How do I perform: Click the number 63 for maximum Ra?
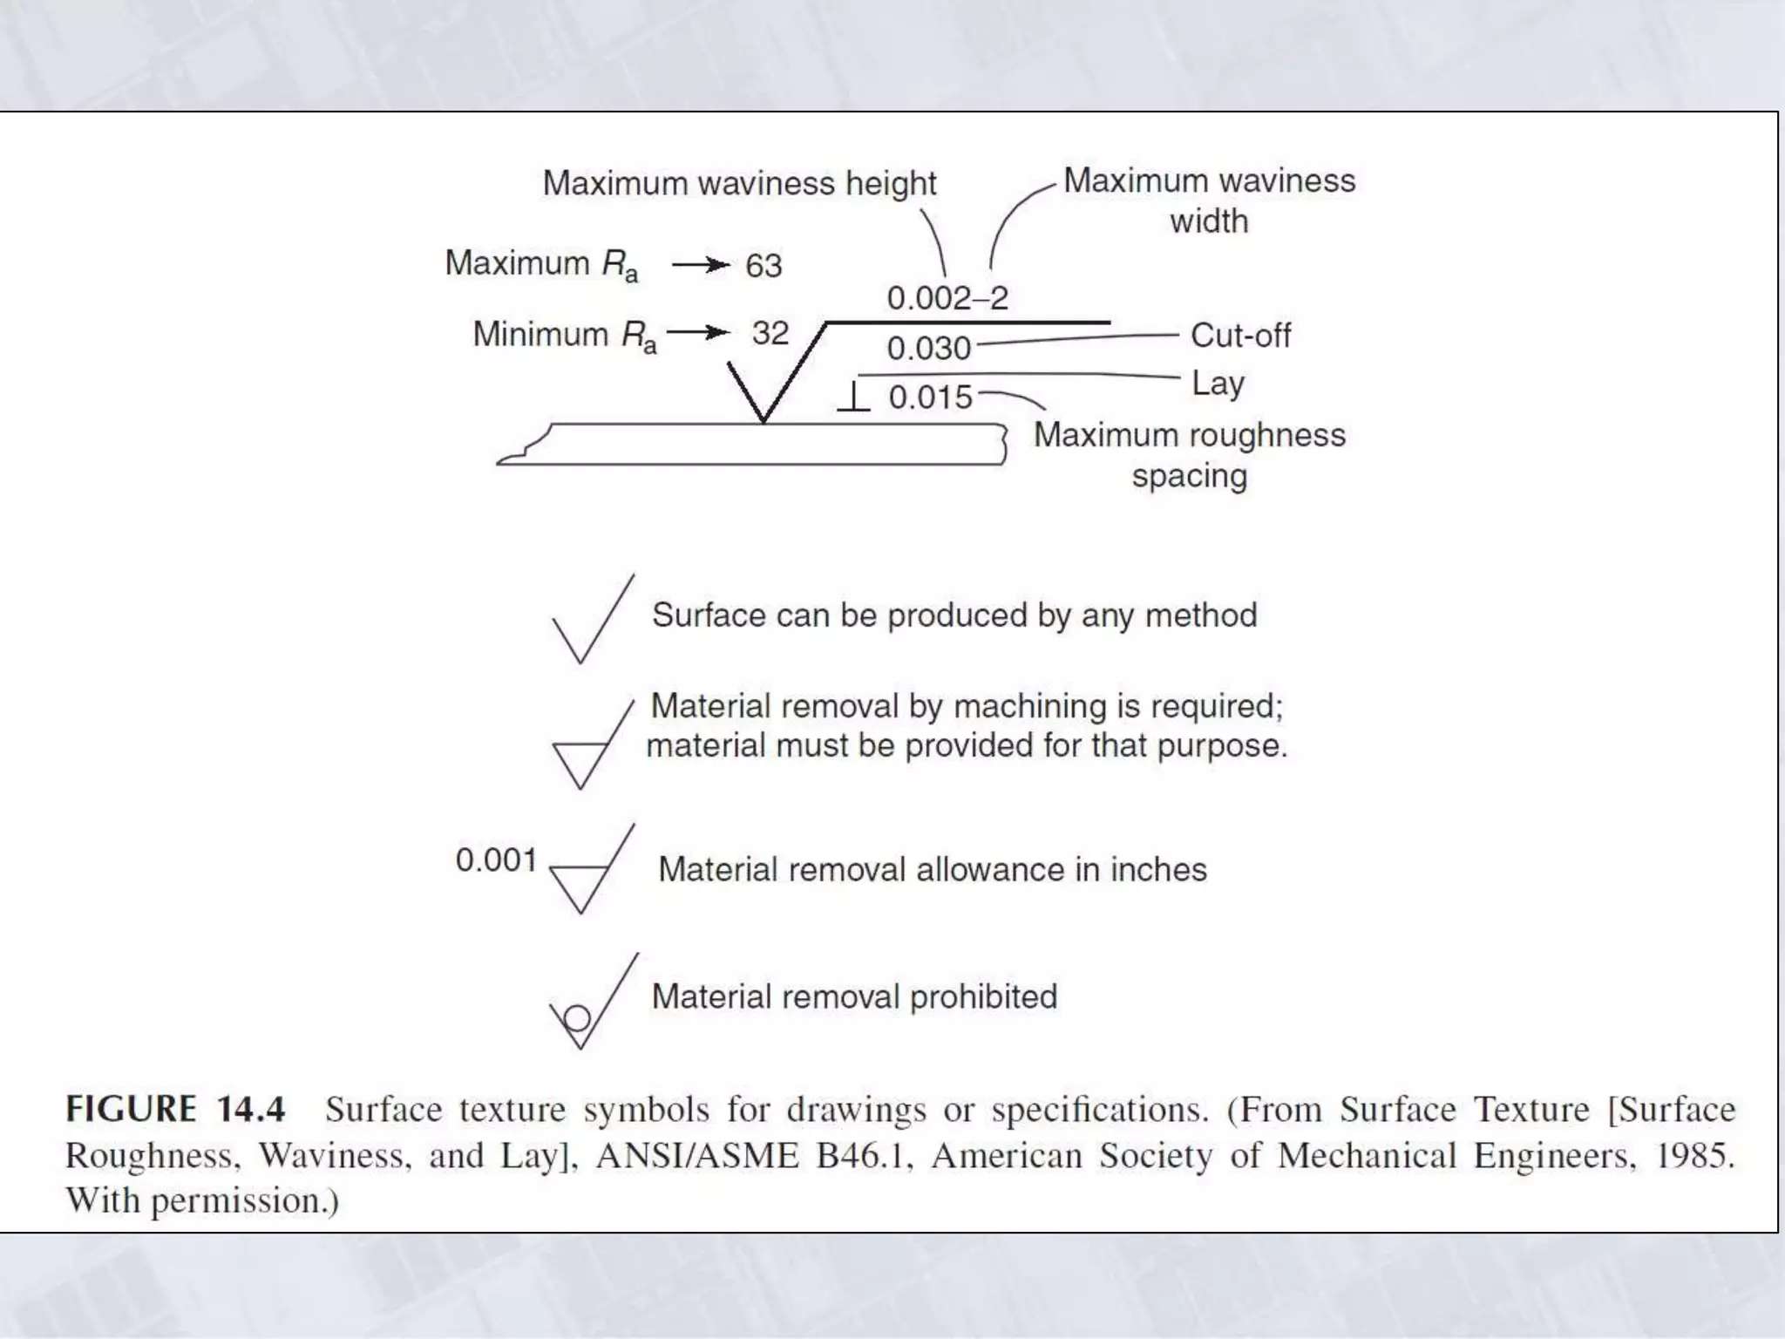(764, 266)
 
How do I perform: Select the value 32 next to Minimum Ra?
(770, 333)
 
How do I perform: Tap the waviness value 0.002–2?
(947, 298)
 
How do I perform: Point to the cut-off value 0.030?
(928, 349)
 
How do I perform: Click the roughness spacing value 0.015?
(930, 398)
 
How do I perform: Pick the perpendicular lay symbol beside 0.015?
(854, 397)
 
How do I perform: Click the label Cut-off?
(1240, 336)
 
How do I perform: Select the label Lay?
(1218, 384)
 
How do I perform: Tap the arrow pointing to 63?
(701, 265)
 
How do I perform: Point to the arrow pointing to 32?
(698, 332)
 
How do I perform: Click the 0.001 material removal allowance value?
(496, 860)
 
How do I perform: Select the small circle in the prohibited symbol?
(577, 1018)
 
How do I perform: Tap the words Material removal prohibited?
(854, 996)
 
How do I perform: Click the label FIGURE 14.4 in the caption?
(176, 1109)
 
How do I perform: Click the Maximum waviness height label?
(739, 184)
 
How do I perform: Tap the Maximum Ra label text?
(541, 264)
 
